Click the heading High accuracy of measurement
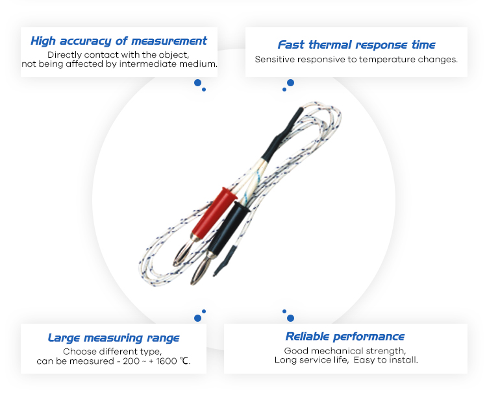click(119, 41)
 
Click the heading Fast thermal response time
click(356, 45)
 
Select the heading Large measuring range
click(114, 338)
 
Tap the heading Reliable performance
click(345, 337)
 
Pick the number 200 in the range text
click(131, 361)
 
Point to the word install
click(404, 360)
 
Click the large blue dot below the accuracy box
click(197, 83)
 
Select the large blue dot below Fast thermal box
click(291, 83)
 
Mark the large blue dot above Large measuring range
click(197, 318)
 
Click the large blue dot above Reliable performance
click(291, 318)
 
